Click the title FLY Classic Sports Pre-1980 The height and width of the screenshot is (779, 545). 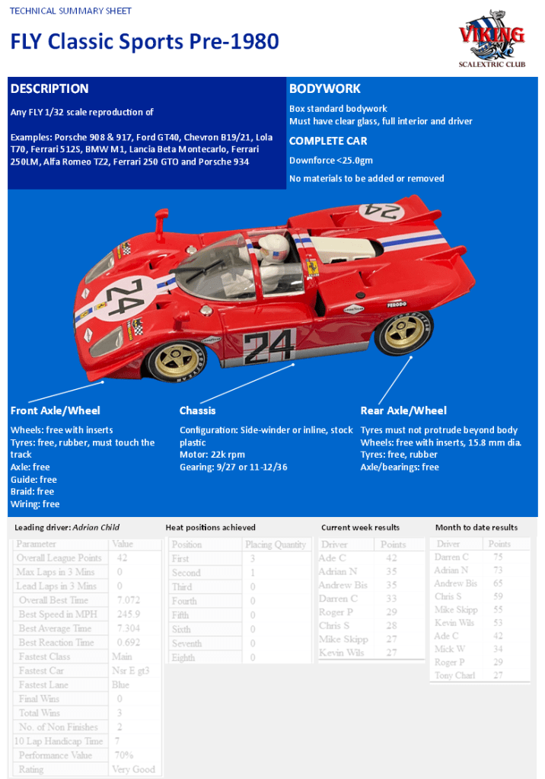tap(145, 41)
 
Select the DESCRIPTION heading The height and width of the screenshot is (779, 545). tap(49, 88)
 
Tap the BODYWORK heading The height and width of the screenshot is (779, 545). tap(325, 88)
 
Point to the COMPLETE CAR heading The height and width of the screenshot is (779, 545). tap(328, 141)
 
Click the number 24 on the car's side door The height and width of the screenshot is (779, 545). tap(269, 346)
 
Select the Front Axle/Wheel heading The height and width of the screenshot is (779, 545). tap(56, 410)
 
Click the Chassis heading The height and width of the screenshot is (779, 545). tap(198, 410)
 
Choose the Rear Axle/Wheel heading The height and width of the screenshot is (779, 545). tap(403, 410)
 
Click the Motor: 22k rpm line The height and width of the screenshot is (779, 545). tap(212, 455)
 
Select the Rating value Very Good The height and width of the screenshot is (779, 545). tap(133, 769)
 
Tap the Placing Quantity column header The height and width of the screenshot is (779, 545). tap(276, 544)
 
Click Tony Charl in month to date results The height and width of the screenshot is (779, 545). tap(455, 675)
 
